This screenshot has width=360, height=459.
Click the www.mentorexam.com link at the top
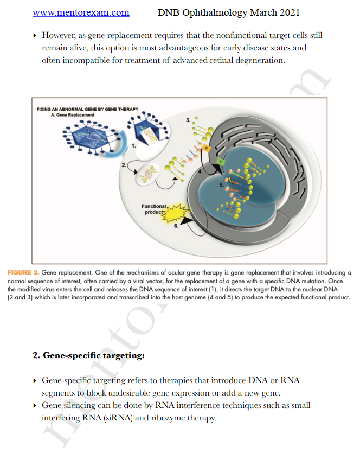81,12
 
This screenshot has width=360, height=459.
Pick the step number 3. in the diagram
188,119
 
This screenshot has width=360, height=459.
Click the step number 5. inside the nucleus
222,184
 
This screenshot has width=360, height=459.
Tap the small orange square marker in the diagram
206,148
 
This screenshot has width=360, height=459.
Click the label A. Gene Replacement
72,115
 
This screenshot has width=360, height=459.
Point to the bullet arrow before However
35,36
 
